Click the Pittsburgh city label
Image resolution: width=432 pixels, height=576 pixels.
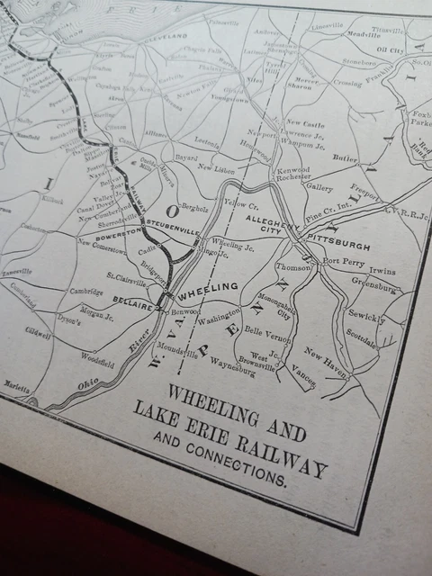click(339, 245)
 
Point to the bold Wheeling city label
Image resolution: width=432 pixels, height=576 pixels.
click(208, 289)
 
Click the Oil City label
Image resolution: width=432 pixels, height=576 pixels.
click(390, 50)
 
